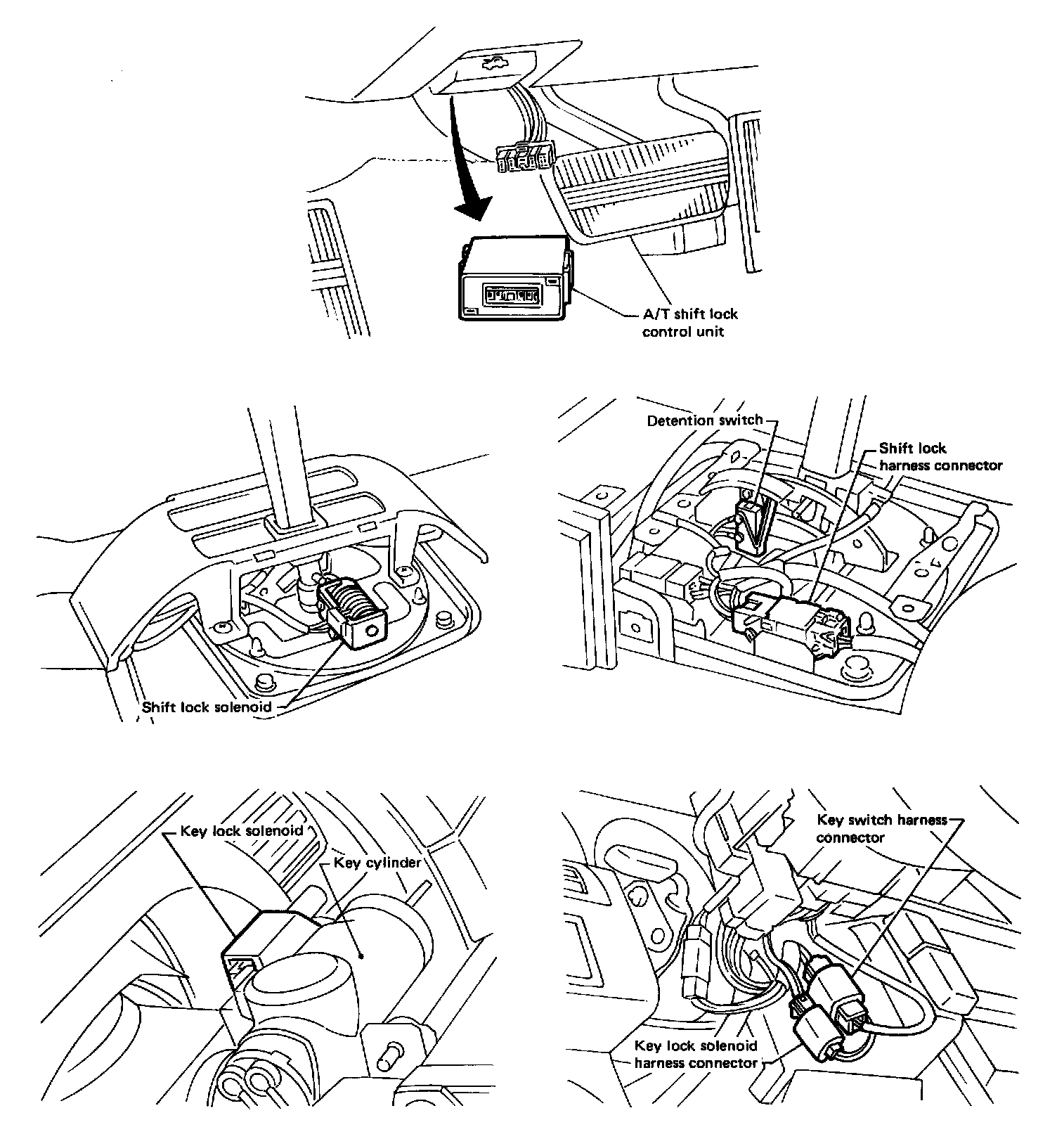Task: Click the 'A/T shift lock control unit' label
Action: point(690,323)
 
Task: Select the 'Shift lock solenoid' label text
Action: point(207,707)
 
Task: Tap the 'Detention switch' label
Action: point(704,420)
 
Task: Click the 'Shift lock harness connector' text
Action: point(940,457)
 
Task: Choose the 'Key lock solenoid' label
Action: point(241,831)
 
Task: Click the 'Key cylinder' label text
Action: point(377,863)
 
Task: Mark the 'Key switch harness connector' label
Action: point(881,828)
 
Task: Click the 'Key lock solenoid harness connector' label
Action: point(695,1055)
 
